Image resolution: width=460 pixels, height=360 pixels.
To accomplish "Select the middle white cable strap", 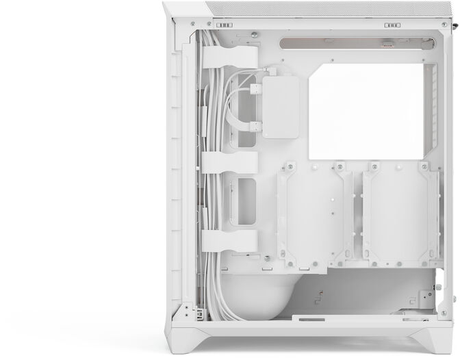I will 229,162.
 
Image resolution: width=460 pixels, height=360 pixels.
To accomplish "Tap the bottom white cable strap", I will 229,240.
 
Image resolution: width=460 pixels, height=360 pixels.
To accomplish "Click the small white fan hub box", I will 280,107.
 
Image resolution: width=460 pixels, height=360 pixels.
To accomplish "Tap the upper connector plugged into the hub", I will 256,88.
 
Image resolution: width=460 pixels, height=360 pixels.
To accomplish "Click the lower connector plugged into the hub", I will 256,125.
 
